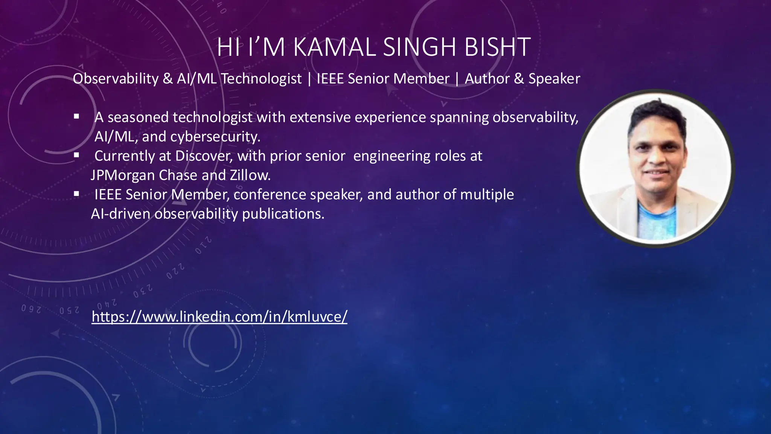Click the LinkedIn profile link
219,316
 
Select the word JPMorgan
123,175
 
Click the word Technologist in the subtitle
261,79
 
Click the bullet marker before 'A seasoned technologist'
76,117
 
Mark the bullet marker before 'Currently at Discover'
76,155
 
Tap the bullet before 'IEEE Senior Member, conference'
76,194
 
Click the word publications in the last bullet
283,214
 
